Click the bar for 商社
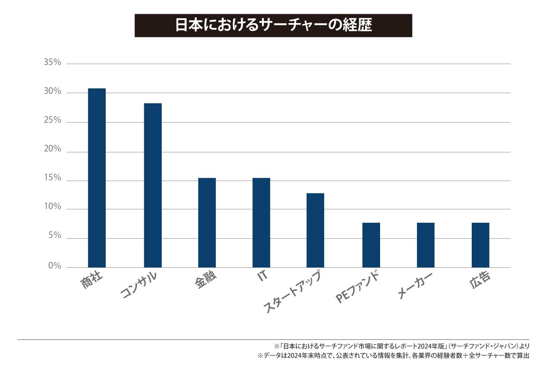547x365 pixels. coord(97,178)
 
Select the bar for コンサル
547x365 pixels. coord(153,185)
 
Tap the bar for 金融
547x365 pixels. coord(207,223)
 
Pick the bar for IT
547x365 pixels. coord(261,223)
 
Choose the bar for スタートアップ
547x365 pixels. coord(315,230)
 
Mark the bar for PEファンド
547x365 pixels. coord(371,245)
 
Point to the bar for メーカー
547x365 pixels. coord(426,245)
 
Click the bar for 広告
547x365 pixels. coord(480,245)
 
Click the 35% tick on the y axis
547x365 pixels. coord(52,63)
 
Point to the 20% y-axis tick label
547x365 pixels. coord(52,149)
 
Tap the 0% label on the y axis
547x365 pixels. coord(54,266)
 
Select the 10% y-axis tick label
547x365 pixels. coord(52,207)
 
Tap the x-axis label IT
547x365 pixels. coord(262,276)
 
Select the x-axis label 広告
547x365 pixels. coord(480,280)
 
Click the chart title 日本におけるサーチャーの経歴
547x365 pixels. coord(273,25)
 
